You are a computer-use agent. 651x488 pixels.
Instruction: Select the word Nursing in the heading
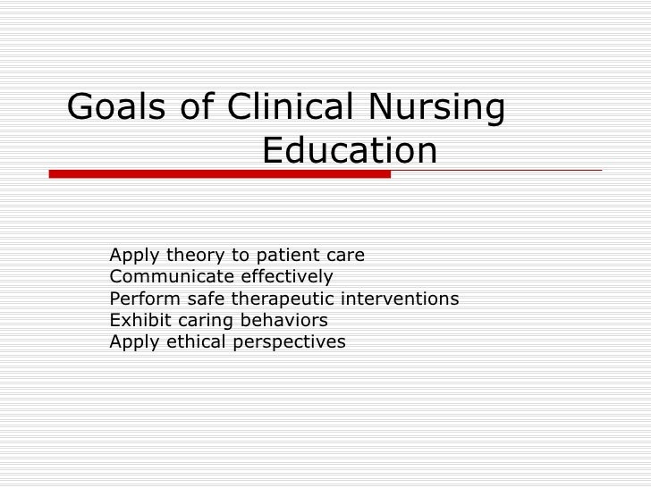coord(436,108)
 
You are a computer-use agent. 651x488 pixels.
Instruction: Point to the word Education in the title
coord(350,150)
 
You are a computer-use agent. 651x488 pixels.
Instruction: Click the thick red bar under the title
coord(219,174)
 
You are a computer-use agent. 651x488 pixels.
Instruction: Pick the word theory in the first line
coord(193,256)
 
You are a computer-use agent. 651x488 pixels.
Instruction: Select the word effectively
coord(285,277)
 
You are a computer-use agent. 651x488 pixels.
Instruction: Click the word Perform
coord(139,299)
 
